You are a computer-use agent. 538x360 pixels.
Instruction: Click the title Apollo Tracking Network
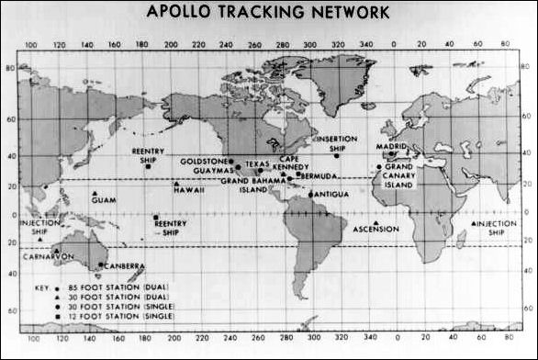267,13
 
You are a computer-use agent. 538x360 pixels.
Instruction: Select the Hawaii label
189,190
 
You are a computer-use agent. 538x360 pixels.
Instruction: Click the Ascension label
375,229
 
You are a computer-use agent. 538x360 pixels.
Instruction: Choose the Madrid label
393,147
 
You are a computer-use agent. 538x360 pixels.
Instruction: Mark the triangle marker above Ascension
375,220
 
